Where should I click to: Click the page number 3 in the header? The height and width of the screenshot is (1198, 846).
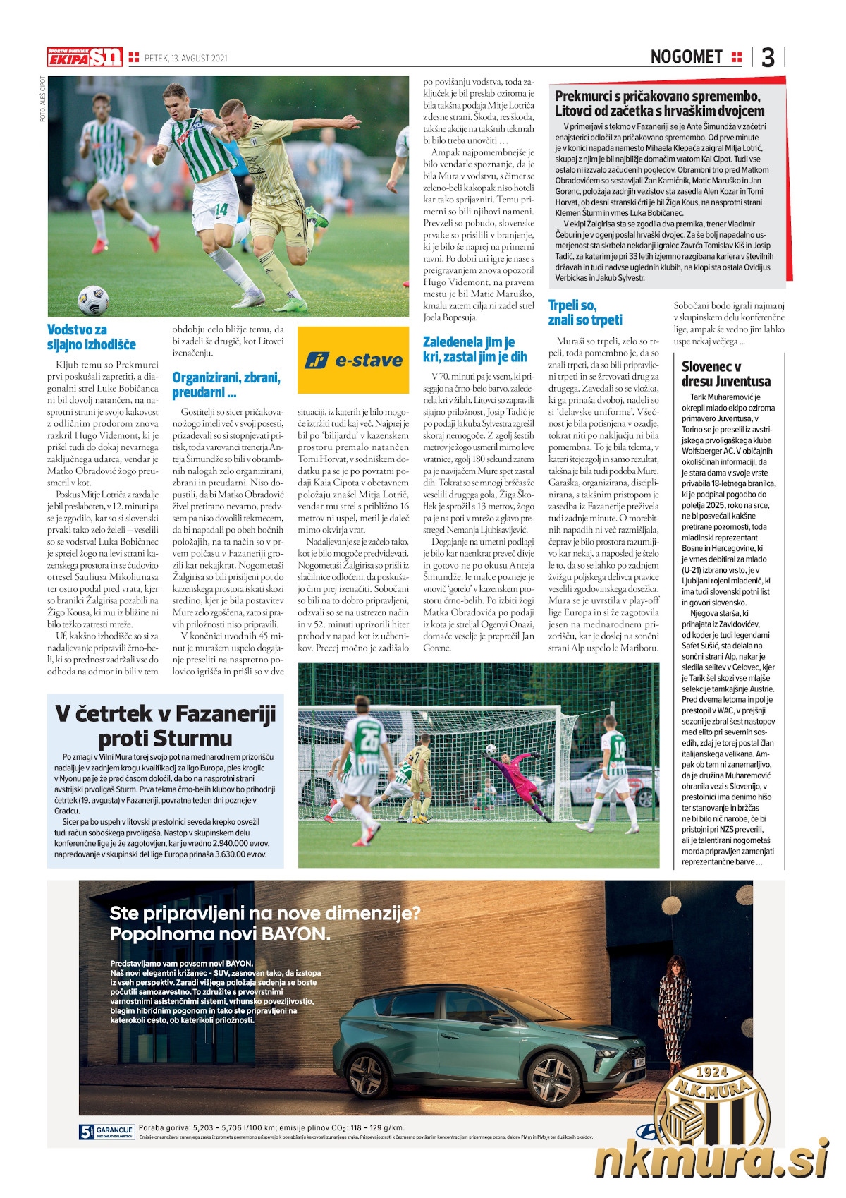(768, 57)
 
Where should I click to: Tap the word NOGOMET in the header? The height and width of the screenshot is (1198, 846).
(686, 57)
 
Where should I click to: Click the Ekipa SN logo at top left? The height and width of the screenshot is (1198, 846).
(85, 57)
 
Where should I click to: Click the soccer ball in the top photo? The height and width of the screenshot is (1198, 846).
(93, 300)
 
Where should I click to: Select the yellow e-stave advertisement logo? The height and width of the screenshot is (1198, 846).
(353, 360)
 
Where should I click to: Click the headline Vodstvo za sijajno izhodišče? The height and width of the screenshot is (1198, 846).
(92, 337)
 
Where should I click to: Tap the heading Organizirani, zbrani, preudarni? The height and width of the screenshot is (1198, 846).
(226, 385)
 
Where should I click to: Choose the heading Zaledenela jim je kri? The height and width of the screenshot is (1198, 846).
(474, 349)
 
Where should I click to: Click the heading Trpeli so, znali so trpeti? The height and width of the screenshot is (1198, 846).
(585, 313)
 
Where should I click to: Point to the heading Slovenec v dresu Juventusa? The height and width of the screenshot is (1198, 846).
(726, 374)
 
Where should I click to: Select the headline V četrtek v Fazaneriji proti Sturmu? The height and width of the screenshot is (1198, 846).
(165, 725)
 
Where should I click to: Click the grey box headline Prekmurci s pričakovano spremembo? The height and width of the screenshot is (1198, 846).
(659, 103)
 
